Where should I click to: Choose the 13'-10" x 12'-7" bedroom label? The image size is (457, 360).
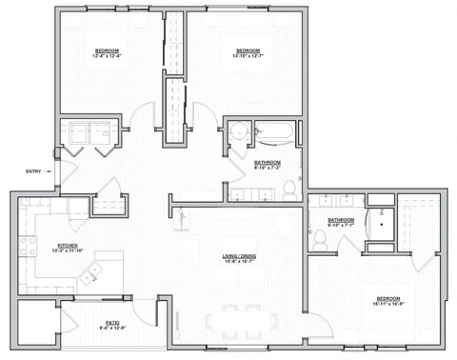248,52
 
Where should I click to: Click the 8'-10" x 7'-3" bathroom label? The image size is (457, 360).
268,165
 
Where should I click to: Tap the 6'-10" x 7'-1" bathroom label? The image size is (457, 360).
341,222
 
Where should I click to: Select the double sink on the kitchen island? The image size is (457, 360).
93,274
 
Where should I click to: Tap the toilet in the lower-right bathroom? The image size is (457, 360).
320,244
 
